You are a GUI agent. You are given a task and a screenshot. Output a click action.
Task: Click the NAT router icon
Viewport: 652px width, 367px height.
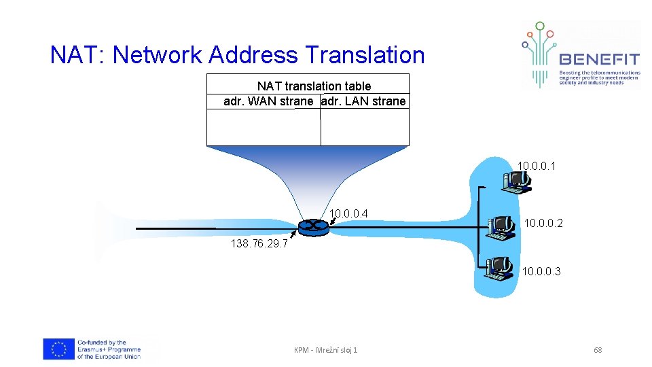click(x=313, y=227)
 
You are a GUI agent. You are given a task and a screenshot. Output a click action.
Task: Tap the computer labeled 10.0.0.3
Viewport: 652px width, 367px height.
click(x=499, y=268)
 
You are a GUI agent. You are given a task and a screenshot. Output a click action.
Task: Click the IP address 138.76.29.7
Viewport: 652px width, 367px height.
click(x=259, y=244)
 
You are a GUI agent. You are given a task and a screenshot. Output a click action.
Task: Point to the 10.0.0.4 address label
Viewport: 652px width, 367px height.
click(x=348, y=214)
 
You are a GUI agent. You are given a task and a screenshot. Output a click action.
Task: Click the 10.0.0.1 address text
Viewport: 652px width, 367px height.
click(x=537, y=165)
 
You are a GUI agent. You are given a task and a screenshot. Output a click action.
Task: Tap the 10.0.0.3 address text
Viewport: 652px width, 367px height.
click(x=541, y=272)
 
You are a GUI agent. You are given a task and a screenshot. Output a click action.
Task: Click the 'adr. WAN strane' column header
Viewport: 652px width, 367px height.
click(x=268, y=101)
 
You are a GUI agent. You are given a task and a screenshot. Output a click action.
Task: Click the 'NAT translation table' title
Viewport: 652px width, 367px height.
click(x=314, y=86)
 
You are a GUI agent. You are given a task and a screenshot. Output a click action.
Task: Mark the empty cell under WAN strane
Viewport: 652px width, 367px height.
click(x=264, y=127)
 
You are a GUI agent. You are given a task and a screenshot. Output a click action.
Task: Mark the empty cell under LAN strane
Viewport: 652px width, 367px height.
click(x=365, y=127)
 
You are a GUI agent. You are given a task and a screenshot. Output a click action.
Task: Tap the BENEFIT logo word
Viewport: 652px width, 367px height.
click(x=599, y=59)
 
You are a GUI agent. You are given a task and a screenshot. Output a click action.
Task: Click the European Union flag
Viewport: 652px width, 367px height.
click(x=58, y=349)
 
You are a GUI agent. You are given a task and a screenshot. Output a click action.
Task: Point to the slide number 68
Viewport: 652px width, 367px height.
click(x=598, y=350)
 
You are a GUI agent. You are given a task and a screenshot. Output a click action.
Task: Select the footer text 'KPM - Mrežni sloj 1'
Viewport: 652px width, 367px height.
click(x=325, y=350)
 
